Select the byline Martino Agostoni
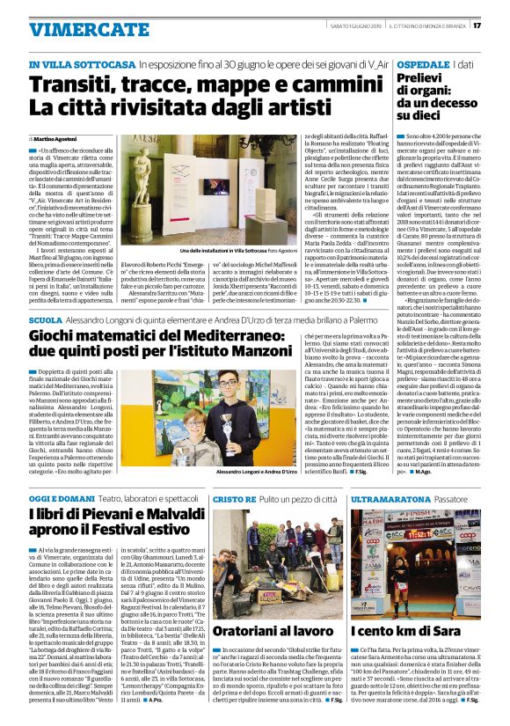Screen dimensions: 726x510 56,139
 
